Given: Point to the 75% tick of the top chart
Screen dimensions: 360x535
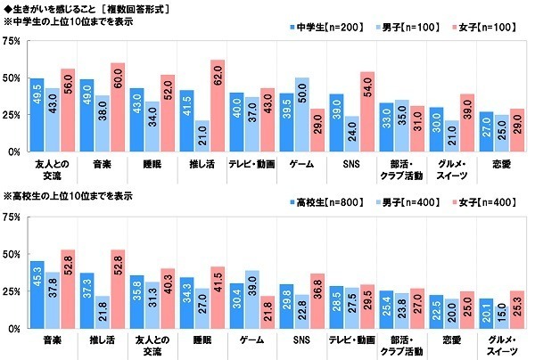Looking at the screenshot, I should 12,41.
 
